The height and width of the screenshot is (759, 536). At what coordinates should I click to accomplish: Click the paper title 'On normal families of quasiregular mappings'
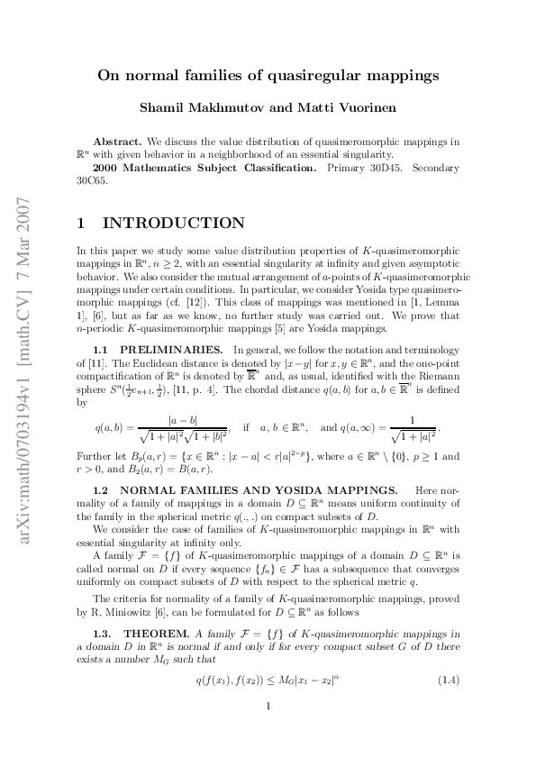268,76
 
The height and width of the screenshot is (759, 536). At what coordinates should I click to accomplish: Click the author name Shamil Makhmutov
202,109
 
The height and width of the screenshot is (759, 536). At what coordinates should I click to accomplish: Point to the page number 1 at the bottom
268,730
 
